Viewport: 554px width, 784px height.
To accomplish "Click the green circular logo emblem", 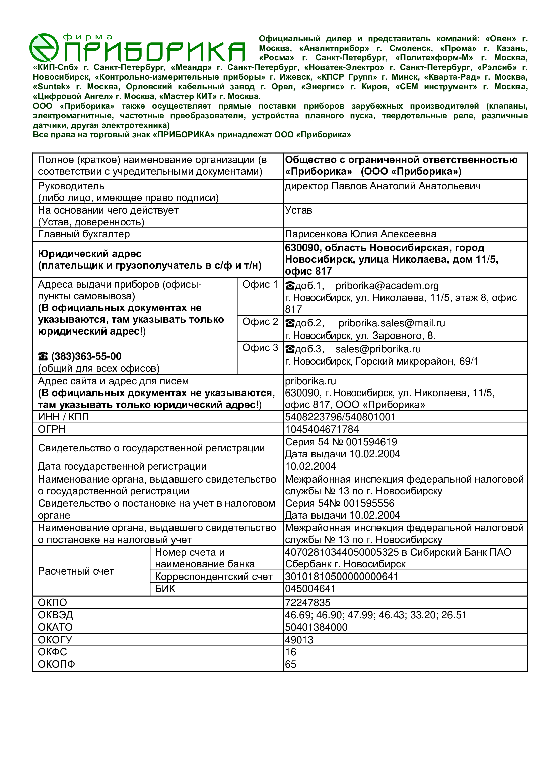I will tap(44, 48).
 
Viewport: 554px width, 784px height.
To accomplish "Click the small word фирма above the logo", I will tap(88, 37).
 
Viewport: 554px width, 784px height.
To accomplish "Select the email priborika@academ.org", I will tap(387, 286).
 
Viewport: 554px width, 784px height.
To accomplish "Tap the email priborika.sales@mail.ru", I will tap(391, 323).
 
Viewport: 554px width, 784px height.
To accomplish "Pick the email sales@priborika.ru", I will tap(377, 349).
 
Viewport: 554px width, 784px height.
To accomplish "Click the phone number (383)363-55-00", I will tap(86, 356).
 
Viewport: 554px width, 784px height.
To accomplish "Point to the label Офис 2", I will tap(260, 322).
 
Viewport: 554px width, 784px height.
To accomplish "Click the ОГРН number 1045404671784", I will tap(322, 429).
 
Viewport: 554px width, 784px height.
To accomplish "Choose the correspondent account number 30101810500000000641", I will tap(341, 577).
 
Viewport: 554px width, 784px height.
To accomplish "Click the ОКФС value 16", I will tap(291, 652).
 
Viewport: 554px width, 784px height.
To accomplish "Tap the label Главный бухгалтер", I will tap(84, 234).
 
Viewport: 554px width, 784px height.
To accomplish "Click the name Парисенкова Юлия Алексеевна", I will tap(361, 234).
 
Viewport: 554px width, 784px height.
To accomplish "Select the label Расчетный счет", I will tap(76, 571).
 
